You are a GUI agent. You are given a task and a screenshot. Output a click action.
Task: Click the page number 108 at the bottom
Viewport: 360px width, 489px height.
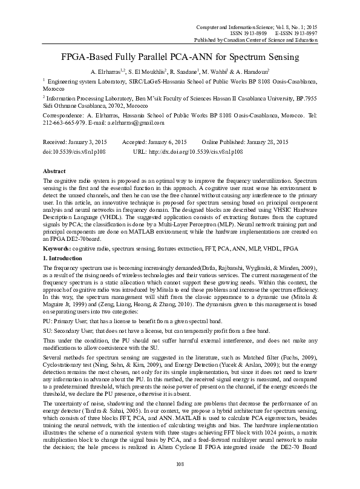pyautogui.click(x=180, y=464)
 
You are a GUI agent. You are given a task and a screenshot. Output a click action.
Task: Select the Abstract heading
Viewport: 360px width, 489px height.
pyautogui.click(x=55, y=171)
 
